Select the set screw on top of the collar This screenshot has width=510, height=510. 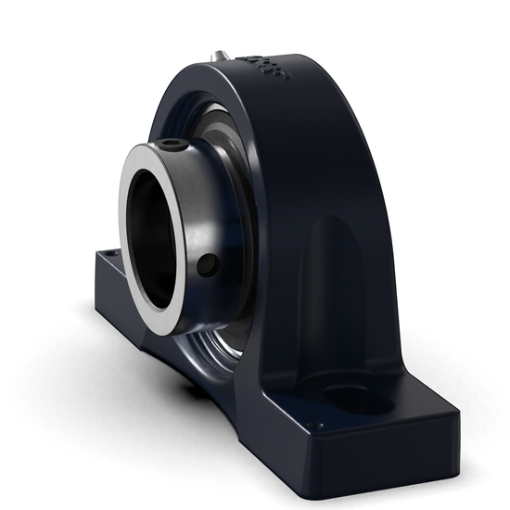pos(173,144)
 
